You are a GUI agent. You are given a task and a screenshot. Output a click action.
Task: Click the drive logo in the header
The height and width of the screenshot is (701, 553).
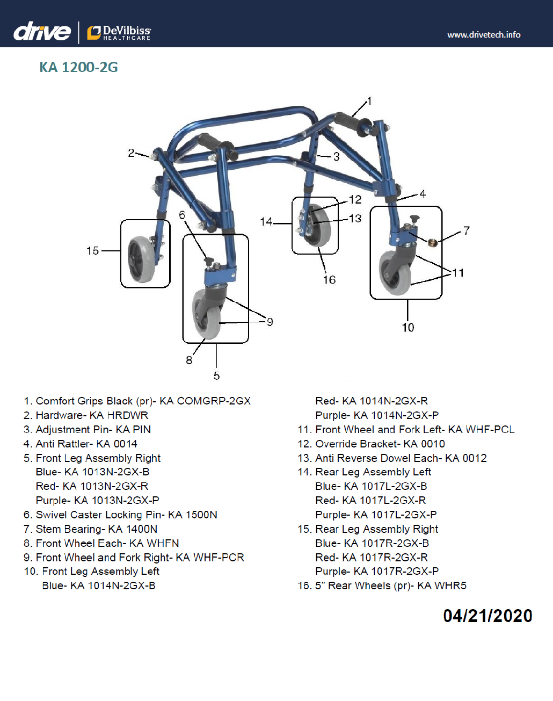[x=42, y=32]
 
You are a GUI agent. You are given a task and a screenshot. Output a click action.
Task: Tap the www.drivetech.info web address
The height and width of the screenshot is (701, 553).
[x=484, y=35]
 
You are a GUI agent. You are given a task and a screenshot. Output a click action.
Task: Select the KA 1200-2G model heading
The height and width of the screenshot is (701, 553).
[x=78, y=67]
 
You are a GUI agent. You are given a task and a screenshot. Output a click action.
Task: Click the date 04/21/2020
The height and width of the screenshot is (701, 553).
[x=487, y=616]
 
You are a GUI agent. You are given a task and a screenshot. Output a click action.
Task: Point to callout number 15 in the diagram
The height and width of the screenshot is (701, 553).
[x=92, y=251]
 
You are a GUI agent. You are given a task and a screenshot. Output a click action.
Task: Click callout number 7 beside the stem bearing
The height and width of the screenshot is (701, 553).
[x=466, y=230]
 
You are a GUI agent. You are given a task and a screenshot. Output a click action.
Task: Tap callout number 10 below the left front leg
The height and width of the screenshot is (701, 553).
[x=408, y=327]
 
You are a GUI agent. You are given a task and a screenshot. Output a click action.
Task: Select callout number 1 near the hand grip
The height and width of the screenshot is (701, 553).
[x=369, y=101]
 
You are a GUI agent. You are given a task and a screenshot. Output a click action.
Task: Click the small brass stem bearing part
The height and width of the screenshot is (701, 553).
[x=432, y=242]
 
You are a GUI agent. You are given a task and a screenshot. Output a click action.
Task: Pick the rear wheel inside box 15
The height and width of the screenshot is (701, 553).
[x=141, y=258]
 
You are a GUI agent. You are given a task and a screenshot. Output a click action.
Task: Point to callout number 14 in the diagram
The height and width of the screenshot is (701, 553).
[x=266, y=221]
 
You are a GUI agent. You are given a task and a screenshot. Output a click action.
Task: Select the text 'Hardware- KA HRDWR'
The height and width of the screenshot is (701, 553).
[x=92, y=415]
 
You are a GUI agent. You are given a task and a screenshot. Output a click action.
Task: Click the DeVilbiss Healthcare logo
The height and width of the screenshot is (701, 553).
[x=119, y=33]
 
